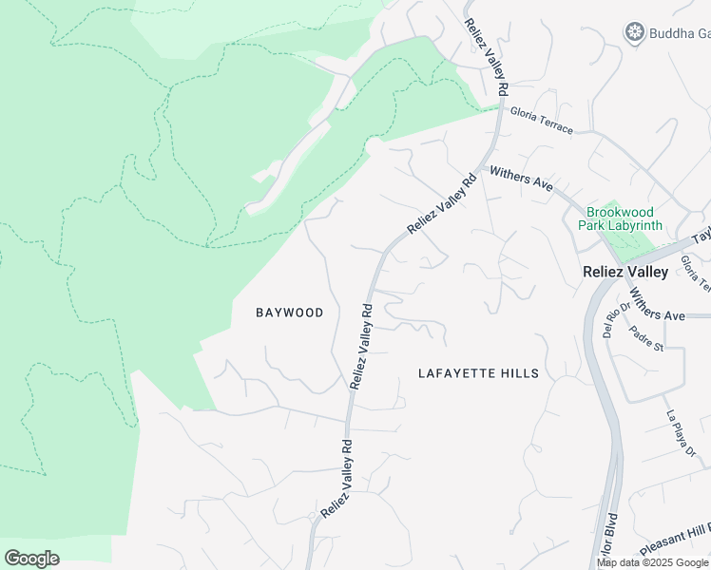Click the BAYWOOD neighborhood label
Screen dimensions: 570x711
[290, 313]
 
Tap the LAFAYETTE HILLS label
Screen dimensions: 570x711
[478, 373]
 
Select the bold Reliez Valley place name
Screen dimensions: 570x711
[625, 272]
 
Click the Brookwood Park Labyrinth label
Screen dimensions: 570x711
[624, 218]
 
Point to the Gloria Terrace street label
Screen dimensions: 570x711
[542, 120]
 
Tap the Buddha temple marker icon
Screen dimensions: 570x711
[634, 34]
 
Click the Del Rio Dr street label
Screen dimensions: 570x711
[610, 319]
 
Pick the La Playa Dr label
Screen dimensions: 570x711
[680, 433]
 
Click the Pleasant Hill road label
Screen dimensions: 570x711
[674, 541]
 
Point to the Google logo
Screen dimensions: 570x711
[31, 559]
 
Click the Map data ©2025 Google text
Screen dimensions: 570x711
[653, 562]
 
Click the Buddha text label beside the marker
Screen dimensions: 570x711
[679, 34]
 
